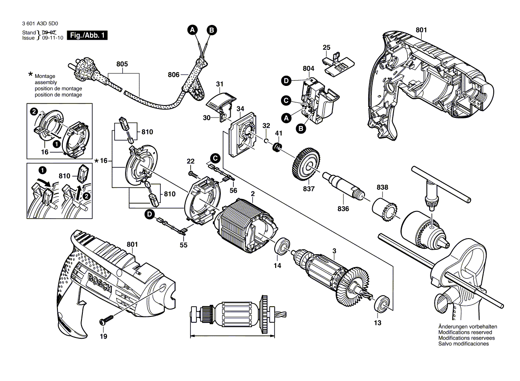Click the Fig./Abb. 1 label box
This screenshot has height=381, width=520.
(87, 36)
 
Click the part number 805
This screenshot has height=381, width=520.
(122, 64)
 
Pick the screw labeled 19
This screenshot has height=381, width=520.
(107, 320)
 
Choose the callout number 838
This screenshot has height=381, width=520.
(382, 187)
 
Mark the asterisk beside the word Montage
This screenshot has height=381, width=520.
(30, 74)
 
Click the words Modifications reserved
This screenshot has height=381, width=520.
(465, 332)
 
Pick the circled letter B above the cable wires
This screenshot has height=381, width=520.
(212, 30)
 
